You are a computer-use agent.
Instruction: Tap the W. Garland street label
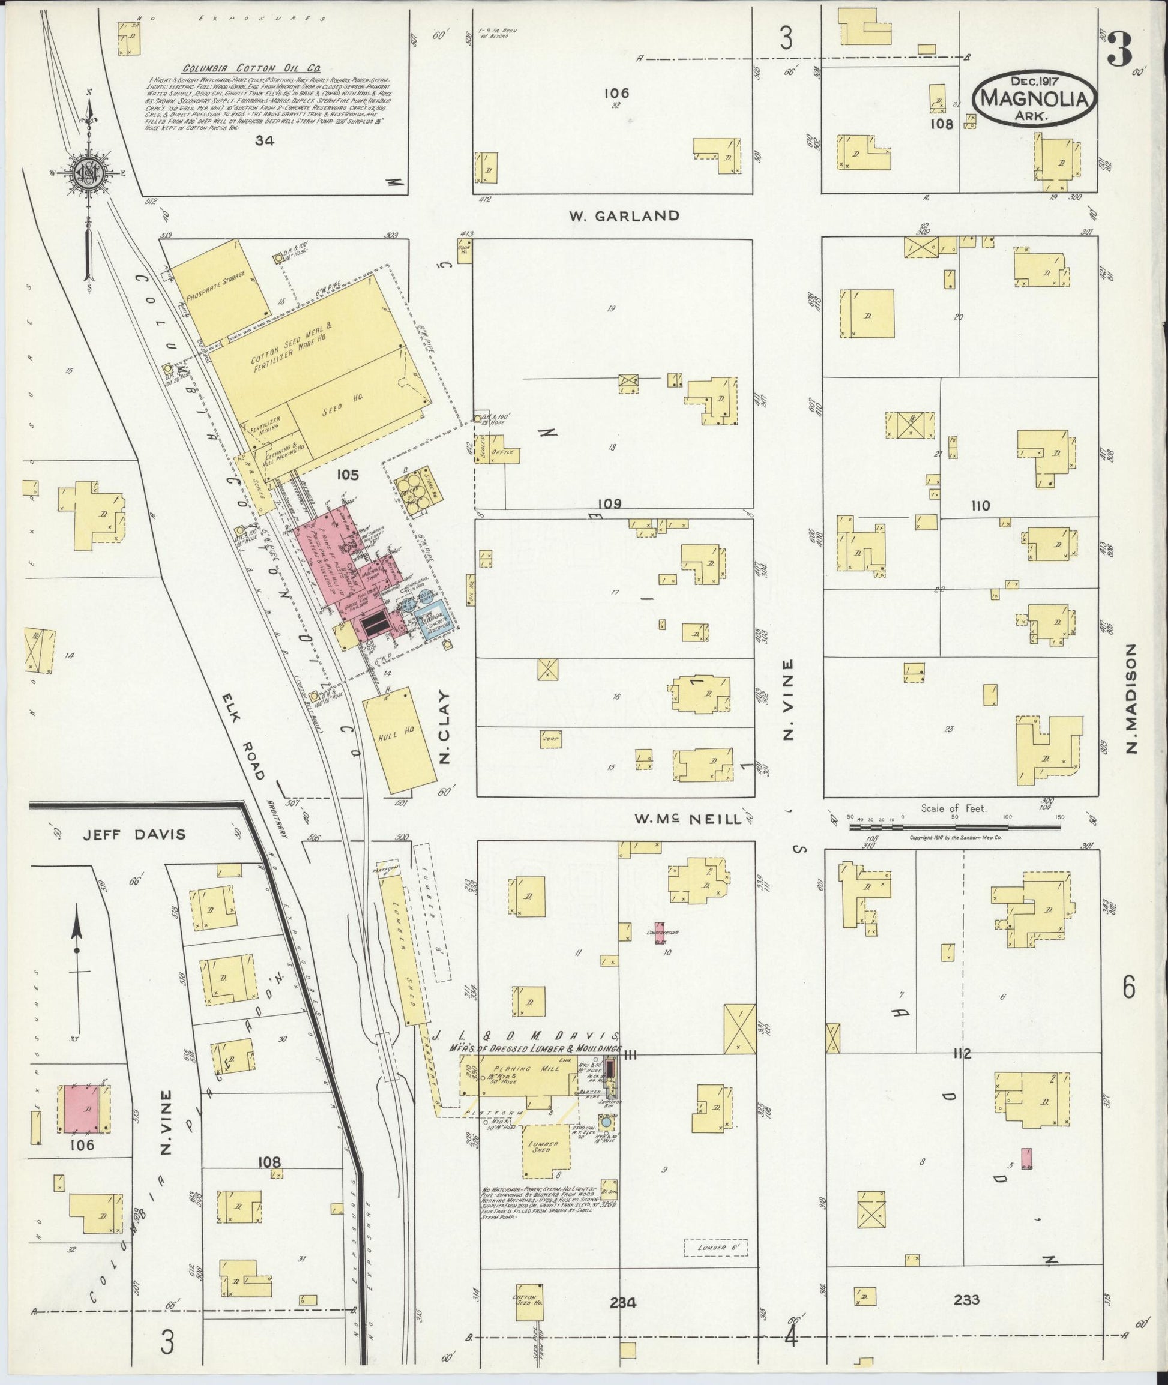click(x=624, y=215)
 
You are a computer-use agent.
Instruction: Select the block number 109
click(x=612, y=505)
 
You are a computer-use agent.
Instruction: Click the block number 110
click(x=980, y=506)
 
